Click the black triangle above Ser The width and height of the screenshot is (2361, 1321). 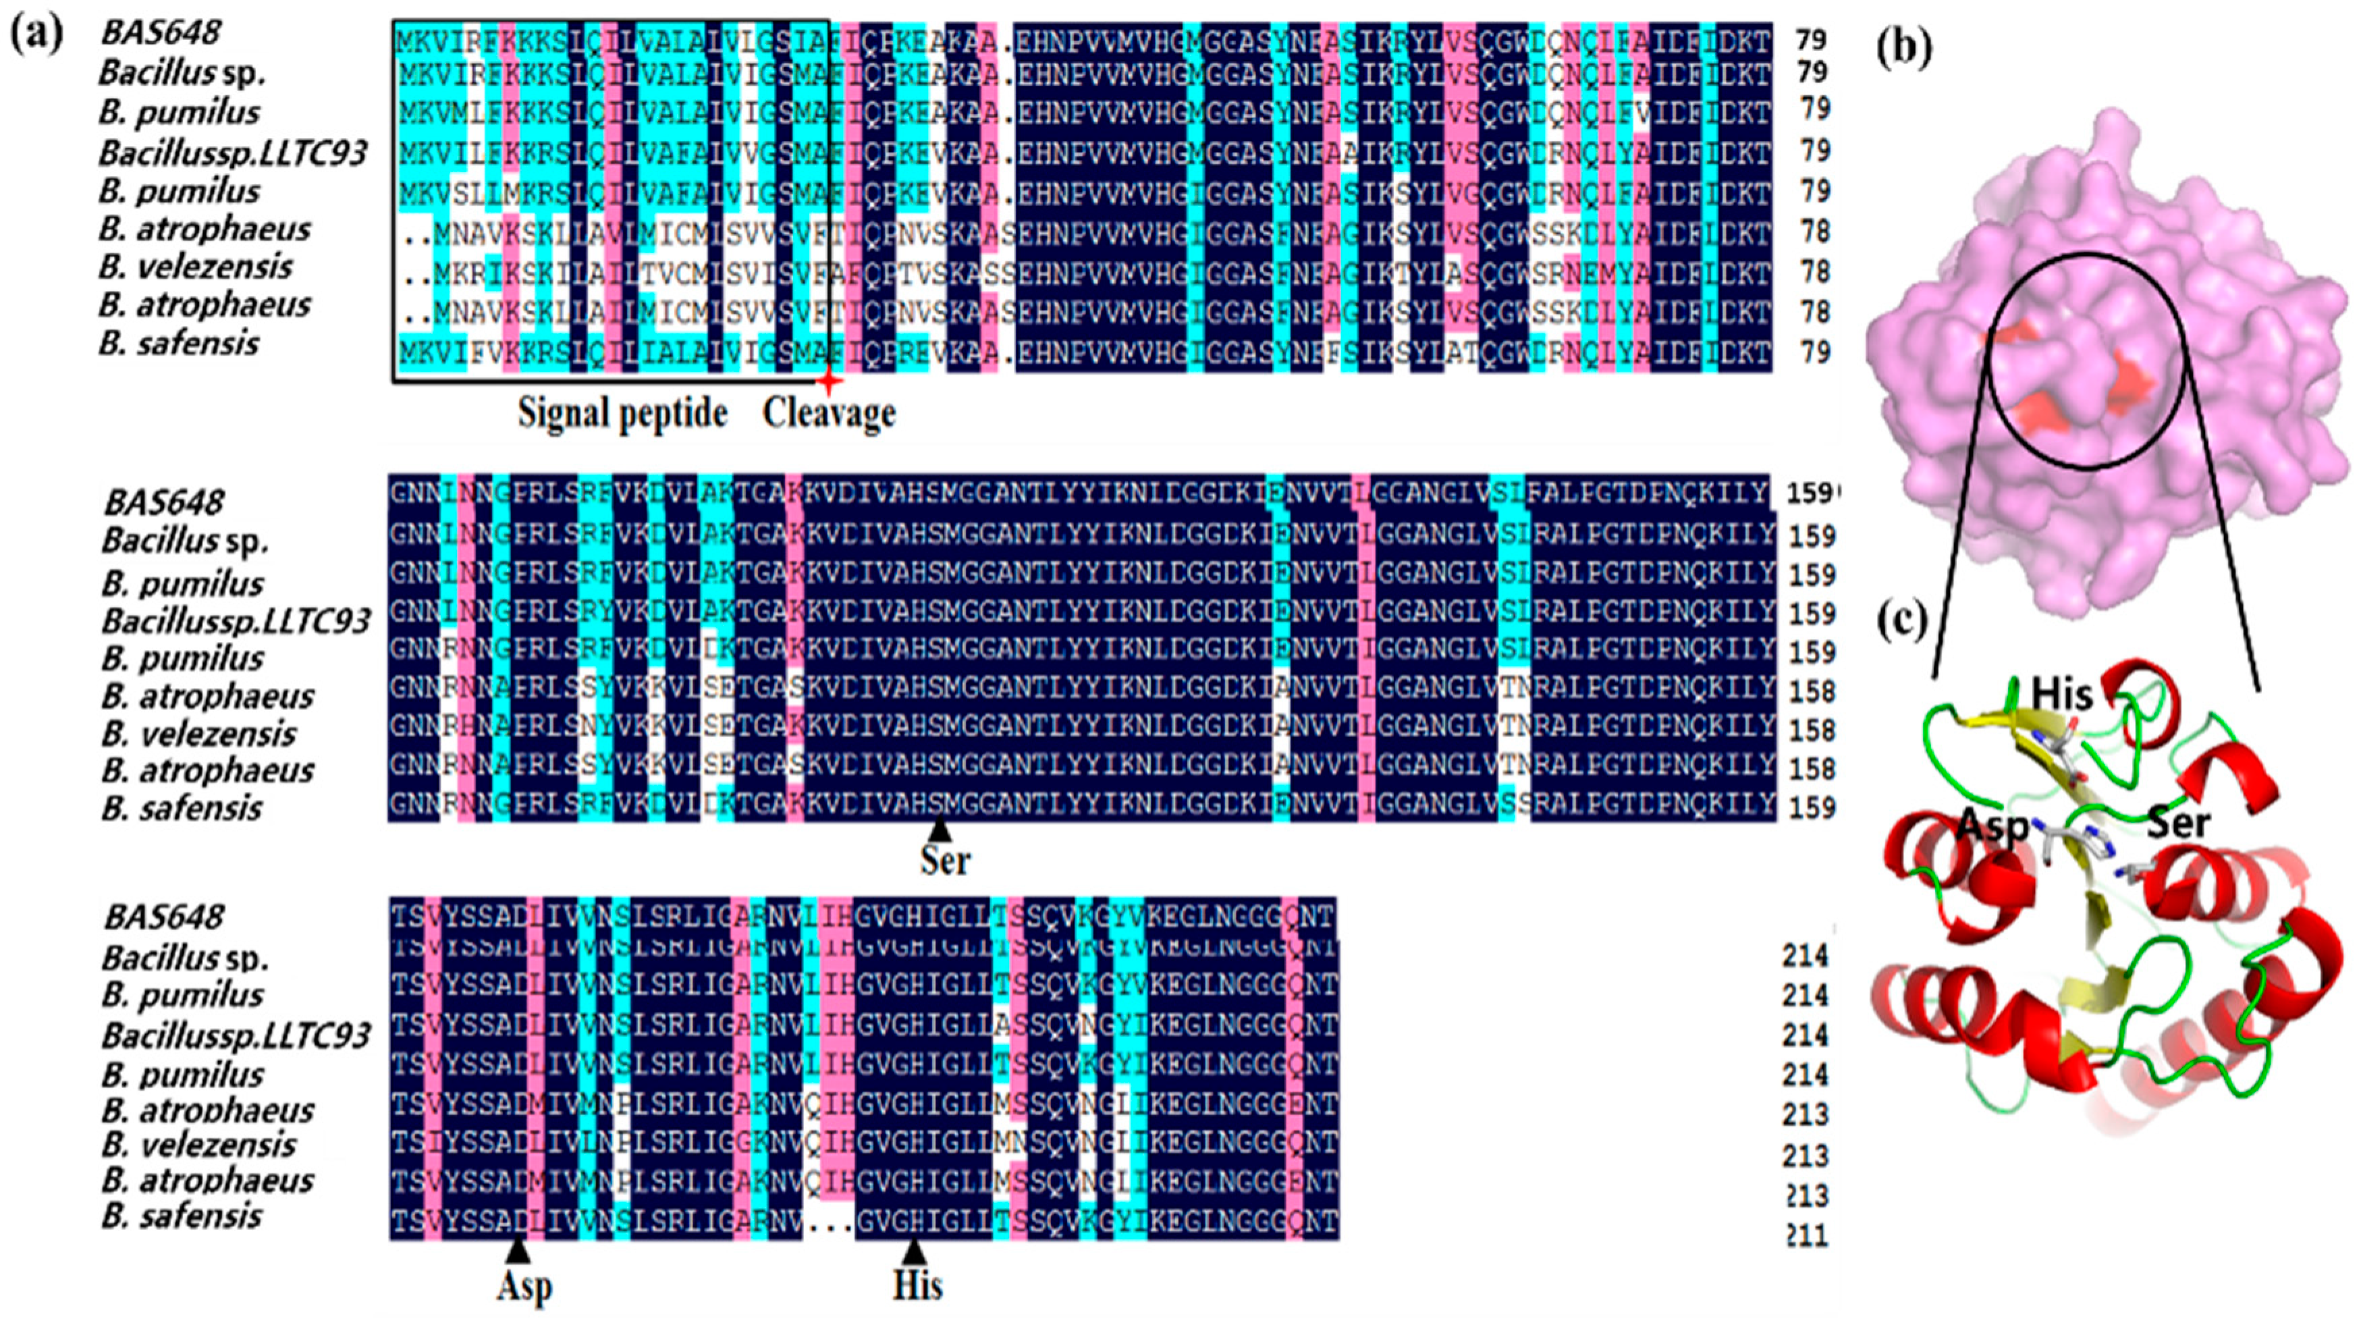pos(940,829)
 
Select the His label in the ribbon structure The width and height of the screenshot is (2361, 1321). pos(2061,694)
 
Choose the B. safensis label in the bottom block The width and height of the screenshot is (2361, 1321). pos(182,1216)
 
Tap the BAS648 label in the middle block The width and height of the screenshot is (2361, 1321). pos(163,502)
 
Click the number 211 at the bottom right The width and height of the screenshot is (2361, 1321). pos(1805,1237)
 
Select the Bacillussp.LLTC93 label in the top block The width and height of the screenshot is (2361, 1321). pos(233,153)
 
